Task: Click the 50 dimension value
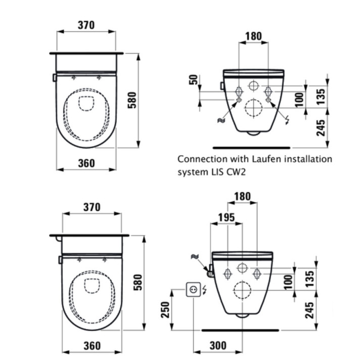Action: click(194, 80)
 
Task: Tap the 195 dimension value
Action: click(226, 217)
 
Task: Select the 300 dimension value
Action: click(218, 346)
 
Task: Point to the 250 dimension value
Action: click(165, 310)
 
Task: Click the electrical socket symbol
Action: click(193, 289)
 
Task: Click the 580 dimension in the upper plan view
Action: click(132, 100)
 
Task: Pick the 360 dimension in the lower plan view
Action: click(92, 346)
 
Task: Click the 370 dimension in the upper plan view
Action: click(86, 25)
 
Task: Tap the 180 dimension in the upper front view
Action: click(253, 36)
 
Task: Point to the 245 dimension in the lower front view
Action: click(309, 310)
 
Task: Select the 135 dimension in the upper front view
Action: click(321, 97)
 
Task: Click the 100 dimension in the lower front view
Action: click(288, 282)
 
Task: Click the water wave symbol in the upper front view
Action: click(221, 120)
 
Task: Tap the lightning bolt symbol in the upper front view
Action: click(288, 120)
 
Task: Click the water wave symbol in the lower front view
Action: click(195, 256)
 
